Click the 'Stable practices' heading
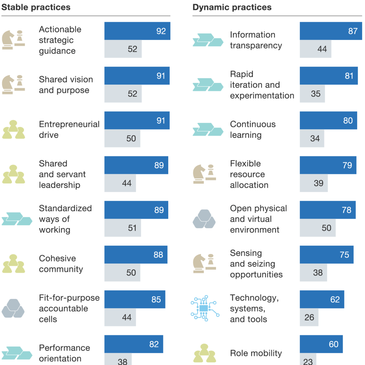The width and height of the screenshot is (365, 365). [x=36, y=7]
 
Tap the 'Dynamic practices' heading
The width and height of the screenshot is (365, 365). [x=232, y=7]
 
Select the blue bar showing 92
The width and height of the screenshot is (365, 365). [x=137, y=31]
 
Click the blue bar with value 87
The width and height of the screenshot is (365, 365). [x=331, y=31]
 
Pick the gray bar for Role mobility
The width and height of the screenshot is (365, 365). [x=308, y=359]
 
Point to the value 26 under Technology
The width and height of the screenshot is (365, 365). [x=309, y=317]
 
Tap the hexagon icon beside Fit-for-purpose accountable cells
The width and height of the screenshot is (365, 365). [x=13, y=308]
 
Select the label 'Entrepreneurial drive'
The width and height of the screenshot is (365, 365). [x=69, y=129]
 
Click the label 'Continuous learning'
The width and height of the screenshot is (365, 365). [x=253, y=129]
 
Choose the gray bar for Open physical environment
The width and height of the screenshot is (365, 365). [x=318, y=228]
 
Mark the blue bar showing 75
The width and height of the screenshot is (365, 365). [x=326, y=255]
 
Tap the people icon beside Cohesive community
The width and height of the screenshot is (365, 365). [x=13, y=264]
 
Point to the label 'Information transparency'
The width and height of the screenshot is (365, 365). [x=256, y=40]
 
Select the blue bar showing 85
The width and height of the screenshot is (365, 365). [x=135, y=299]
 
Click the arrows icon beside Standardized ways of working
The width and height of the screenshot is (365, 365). [x=17, y=219]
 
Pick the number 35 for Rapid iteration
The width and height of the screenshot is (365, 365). [x=315, y=93]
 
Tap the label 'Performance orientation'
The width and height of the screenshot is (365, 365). [x=64, y=353]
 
